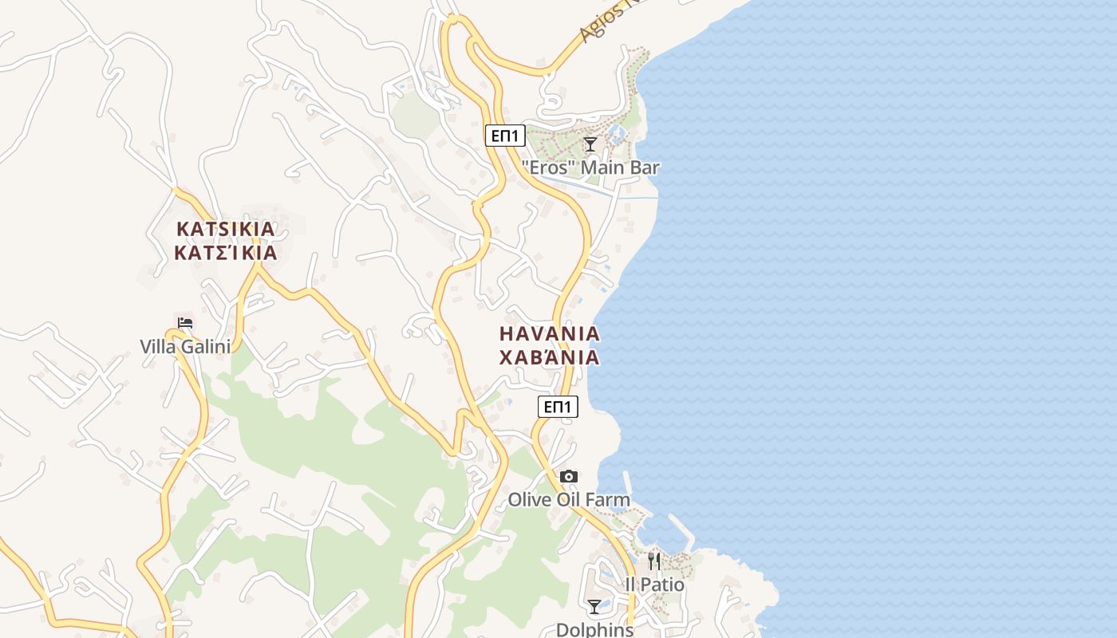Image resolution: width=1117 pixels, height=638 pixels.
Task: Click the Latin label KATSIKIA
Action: pyautogui.click(x=226, y=229)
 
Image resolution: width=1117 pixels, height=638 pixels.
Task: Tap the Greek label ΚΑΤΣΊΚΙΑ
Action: pyautogui.click(x=226, y=254)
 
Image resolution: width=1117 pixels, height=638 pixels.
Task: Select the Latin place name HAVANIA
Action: pyautogui.click(x=549, y=333)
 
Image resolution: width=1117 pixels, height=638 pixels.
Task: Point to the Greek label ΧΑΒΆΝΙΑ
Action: pyautogui.click(x=549, y=357)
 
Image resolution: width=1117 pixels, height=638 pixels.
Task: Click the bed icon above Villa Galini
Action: pyautogui.click(x=185, y=323)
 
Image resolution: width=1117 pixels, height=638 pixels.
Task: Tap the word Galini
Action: pyautogui.click(x=207, y=347)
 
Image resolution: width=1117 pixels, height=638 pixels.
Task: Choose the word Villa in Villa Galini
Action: pyautogui.click(x=158, y=347)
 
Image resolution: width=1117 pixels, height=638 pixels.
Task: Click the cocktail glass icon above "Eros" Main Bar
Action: pyautogui.click(x=590, y=144)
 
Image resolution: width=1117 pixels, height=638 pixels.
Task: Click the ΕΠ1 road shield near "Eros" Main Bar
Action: pyautogui.click(x=505, y=136)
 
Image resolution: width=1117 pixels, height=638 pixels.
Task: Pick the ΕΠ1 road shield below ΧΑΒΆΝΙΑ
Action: pyautogui.click(x=558, y=407)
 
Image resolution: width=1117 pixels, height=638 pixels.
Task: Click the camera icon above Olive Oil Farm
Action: pyautogui.click(x=568, y=477)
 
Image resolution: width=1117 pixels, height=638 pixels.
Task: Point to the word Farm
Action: pyautogui.click(x=608, y=500)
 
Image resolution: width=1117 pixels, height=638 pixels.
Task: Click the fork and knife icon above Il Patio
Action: pyautogui.click(x=654, y=561)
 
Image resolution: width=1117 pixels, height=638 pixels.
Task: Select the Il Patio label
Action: pyautogui.click(x=654, y=585)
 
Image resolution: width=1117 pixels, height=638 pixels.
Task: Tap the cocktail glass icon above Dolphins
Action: pyautogui.click(x=594, y=607)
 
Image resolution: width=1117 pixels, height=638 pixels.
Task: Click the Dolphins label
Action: pyautogui.click(x=594, y=629)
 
